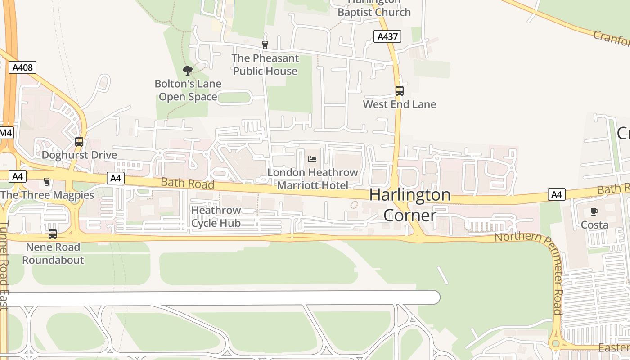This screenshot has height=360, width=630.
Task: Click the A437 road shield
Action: [x=387, y=36]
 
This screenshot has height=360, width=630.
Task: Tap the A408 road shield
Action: [x=22, y=68]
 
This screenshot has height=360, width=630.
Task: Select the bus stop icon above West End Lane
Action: [x=399, y=91]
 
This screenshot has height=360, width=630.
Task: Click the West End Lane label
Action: [x=400, y=104]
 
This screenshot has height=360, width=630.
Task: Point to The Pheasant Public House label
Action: [x=265, y=65]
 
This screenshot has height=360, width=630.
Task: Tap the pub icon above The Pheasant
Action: [x=265, y=45]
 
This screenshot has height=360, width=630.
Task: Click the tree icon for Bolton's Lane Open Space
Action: [x=188, y=70]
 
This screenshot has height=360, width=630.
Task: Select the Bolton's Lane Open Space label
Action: [x=188, y=90]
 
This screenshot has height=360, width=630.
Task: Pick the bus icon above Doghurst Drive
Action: [x=79, y=142]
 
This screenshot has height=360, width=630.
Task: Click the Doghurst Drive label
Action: [x=79, y=155]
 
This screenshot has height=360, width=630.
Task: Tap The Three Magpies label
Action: [x=47, y=195]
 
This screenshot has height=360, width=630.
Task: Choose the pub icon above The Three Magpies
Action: [x=46, y=182]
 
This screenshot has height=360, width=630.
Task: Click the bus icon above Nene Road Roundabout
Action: [x=53, y=234]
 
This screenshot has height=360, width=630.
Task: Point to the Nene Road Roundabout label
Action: [x=53, y=254]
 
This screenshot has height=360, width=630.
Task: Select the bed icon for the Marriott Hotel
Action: [x=312, y=159]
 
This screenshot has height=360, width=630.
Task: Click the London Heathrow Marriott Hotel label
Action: [x=313, y=179]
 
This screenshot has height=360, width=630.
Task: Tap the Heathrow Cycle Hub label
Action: [x=216, y=216]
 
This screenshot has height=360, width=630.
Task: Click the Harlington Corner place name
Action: [x=410, y=205]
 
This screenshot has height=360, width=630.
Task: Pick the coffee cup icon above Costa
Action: [x=594, y=211]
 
